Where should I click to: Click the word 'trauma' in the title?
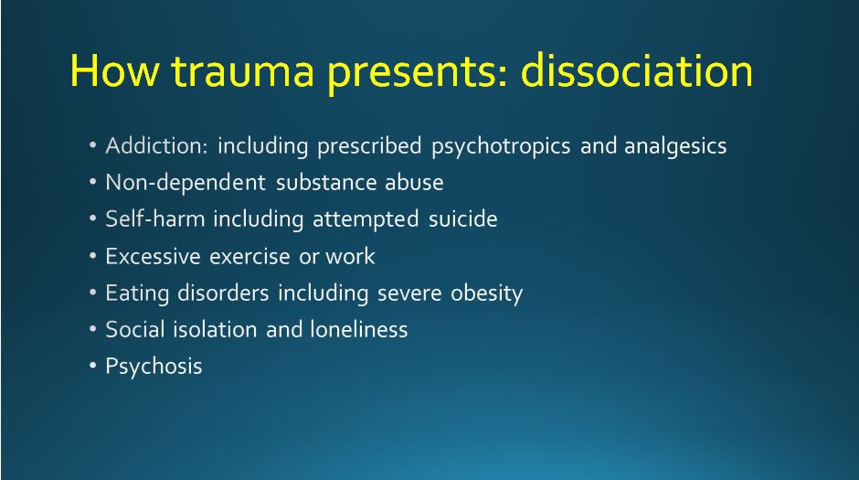243,70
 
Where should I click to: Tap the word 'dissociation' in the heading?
637,70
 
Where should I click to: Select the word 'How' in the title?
115,70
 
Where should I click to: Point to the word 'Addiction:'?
156,145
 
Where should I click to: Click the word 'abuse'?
414,183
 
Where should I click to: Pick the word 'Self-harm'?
155,219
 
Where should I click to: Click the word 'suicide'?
463,219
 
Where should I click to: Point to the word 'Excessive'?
153,256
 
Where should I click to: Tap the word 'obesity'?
486,293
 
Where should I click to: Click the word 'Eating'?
137,293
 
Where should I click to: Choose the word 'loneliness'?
359,329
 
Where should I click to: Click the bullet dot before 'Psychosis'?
92,366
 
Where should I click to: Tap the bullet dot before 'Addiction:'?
92,145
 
